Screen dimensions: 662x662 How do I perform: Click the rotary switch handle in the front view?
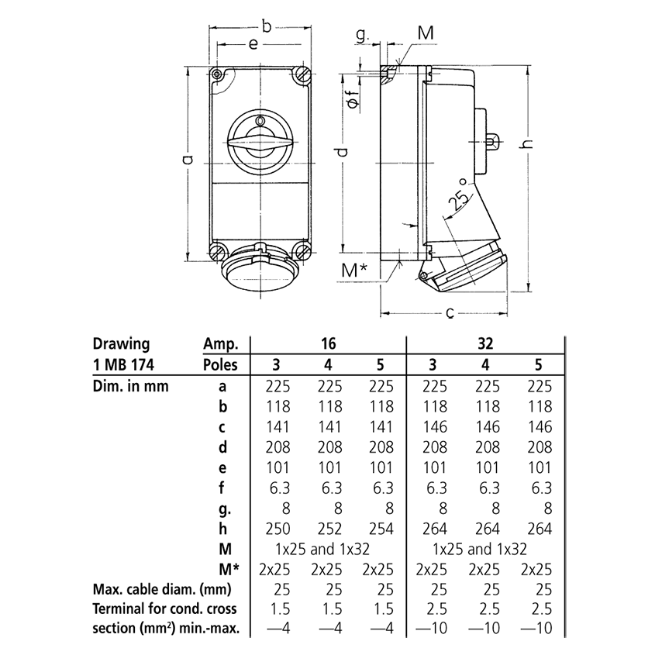(x=260, y=143)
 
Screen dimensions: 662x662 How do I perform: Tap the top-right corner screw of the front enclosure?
(x=302, y=77)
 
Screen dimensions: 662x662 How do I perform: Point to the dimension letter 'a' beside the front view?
(x=186, y=161)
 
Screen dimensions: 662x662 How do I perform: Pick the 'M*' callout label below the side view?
(x=354, y=271)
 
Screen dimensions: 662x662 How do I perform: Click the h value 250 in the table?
(x=278, y=529)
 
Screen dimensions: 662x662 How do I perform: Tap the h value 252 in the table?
(x=329, y=529)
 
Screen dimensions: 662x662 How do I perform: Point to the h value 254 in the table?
(x=378, y=529)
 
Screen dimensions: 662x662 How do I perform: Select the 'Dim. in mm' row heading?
(x=131, y=386)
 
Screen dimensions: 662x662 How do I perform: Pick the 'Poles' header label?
(x=220, y=365)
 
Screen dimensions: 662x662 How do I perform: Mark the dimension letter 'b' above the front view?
(x=266, y=27)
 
